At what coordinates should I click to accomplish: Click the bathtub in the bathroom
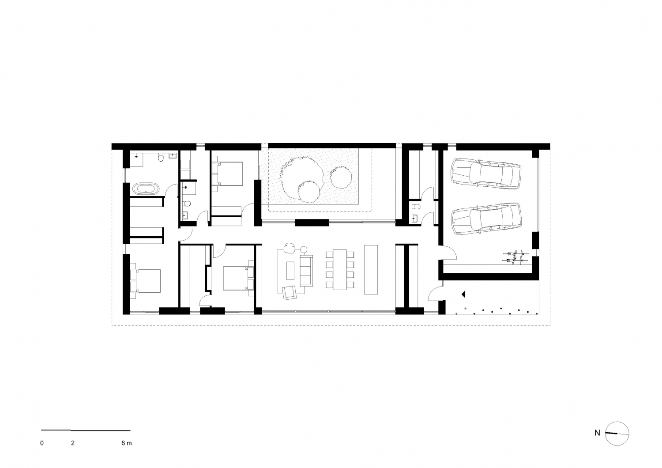click(146, 189)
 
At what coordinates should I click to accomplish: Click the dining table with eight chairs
click(340, 270)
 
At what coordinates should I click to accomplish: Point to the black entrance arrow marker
click(463, 294)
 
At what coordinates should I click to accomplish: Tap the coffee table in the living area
click(290, 271)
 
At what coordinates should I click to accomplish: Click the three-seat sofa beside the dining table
click(306, 271)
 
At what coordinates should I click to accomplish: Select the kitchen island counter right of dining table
click(371, 269)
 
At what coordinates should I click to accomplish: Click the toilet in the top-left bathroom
click(161, 158)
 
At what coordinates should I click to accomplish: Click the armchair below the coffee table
click(290, 293)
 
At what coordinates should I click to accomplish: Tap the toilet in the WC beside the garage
click(417, 206)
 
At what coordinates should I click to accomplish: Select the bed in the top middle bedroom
click(227, 174)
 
